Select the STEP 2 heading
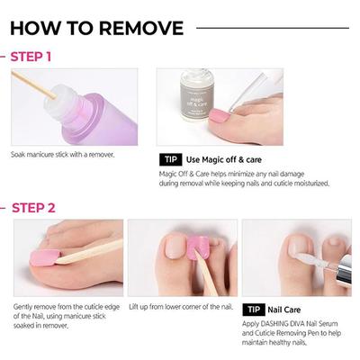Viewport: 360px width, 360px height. [x=31, y=208]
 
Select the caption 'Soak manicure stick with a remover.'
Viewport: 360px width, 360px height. [x=62, y=154]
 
